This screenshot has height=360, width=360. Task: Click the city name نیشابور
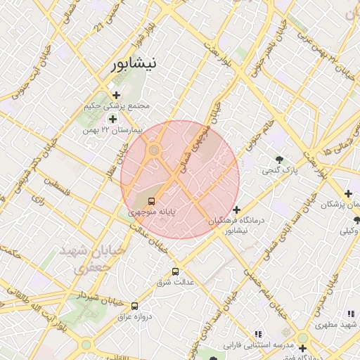pyautogui.click(x=134, y=64)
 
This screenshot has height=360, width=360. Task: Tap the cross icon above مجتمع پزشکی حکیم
pyautogui.click(x=116, y=95)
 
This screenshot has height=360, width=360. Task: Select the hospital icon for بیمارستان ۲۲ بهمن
pyautogui.click(x=112, y=119)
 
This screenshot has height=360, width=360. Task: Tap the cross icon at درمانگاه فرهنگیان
pyautogui.click(x=237, y=210)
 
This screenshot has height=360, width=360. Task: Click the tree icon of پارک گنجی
pyautogui.click(x=279, y=160)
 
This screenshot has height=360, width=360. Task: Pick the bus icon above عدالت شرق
pyautogui.click(x=175, y=271)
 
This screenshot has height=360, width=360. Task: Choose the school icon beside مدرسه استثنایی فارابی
pyautogui.click(x=259, y=333)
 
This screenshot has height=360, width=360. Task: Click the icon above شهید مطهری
pyautogui.click(x=351, y=314)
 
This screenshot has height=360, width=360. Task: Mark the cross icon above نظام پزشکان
pyautogui.click(x=347, y=193)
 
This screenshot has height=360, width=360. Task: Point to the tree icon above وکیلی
pyautogui.click(x=356, y=219)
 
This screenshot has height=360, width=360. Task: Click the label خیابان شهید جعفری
pyautogui.click(x=84, y=259)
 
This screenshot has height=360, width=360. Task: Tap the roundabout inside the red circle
pyautogui.click(x=154, y=150)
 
